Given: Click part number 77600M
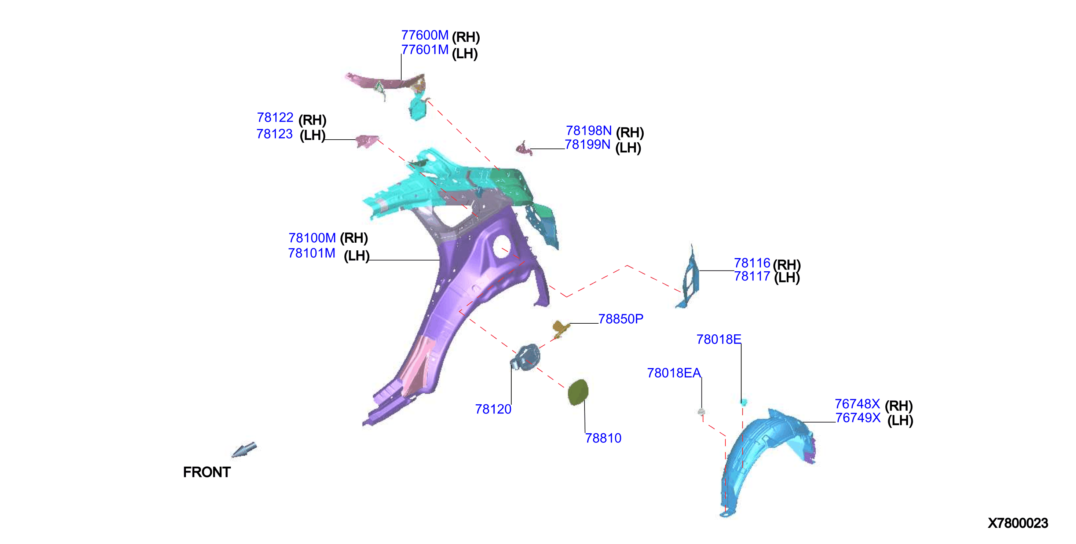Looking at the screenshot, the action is [425, 35].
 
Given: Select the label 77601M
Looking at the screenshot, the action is [425, 50].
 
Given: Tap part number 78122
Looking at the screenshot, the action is [275, 117].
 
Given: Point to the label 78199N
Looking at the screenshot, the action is [587, 144].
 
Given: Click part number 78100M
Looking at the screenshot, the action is [312, 238].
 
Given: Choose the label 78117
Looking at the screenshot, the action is [752, 276].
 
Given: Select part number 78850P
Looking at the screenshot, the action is [621, 319].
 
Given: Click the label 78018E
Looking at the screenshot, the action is [718, 339].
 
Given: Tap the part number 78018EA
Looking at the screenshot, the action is [674, 373].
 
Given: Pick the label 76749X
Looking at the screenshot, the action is [858, 418].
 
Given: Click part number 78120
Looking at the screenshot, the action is [493, 409].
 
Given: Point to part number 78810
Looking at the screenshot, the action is [603, 438].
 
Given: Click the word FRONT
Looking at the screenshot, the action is [207, 472].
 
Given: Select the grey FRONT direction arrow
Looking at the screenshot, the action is [244, 450].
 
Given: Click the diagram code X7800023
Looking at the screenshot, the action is [1018, 523].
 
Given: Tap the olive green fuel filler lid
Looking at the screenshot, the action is [578, 392].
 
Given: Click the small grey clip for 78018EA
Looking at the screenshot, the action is [701, 412].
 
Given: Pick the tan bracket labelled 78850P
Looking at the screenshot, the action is [561, 328].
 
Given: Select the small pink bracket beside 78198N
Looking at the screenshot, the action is [524, 148].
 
